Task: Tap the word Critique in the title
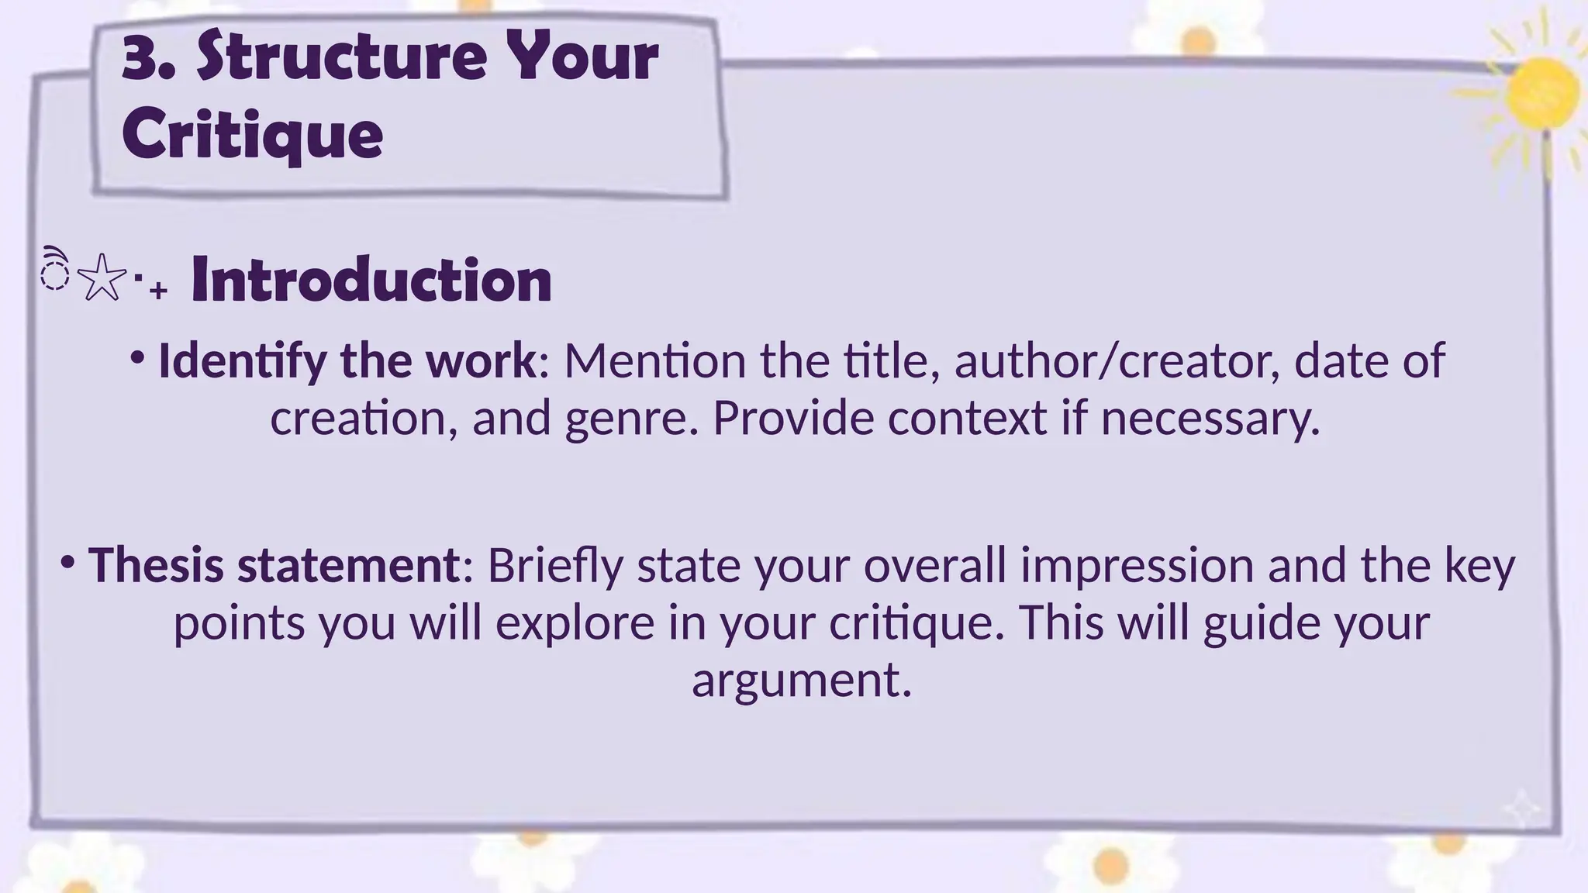(x=252, y=135)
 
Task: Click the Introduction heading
(x=371, y=280)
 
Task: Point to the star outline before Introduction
(x=102, y=277)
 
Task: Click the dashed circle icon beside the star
(x=55, y=274)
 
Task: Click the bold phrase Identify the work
(x=346, y=360)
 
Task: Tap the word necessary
(x=1210, y=419)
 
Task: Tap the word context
(x=967, y=419)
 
